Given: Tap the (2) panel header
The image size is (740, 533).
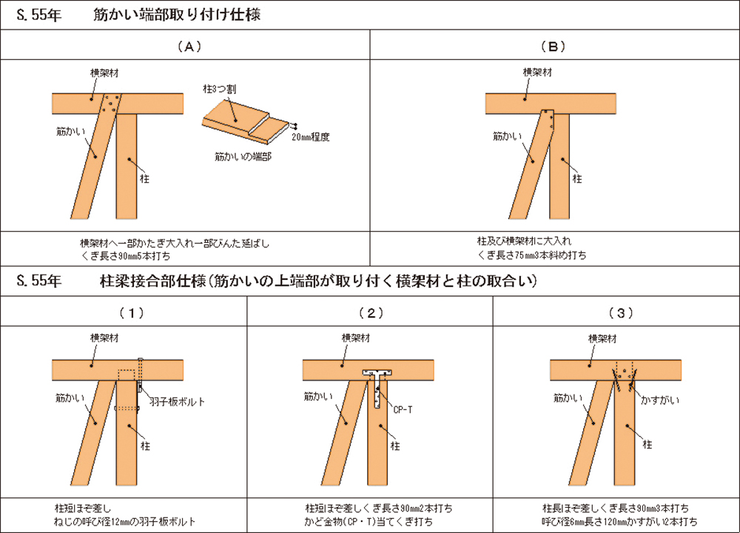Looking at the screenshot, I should tap(370, 312).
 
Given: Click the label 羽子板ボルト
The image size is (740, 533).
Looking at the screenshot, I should tap(177, 401).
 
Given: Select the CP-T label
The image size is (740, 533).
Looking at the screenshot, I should tap(403, 408).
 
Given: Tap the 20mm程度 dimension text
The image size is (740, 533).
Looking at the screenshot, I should tap(310, 136).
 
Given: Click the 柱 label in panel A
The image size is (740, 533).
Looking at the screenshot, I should tap(144, 178).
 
